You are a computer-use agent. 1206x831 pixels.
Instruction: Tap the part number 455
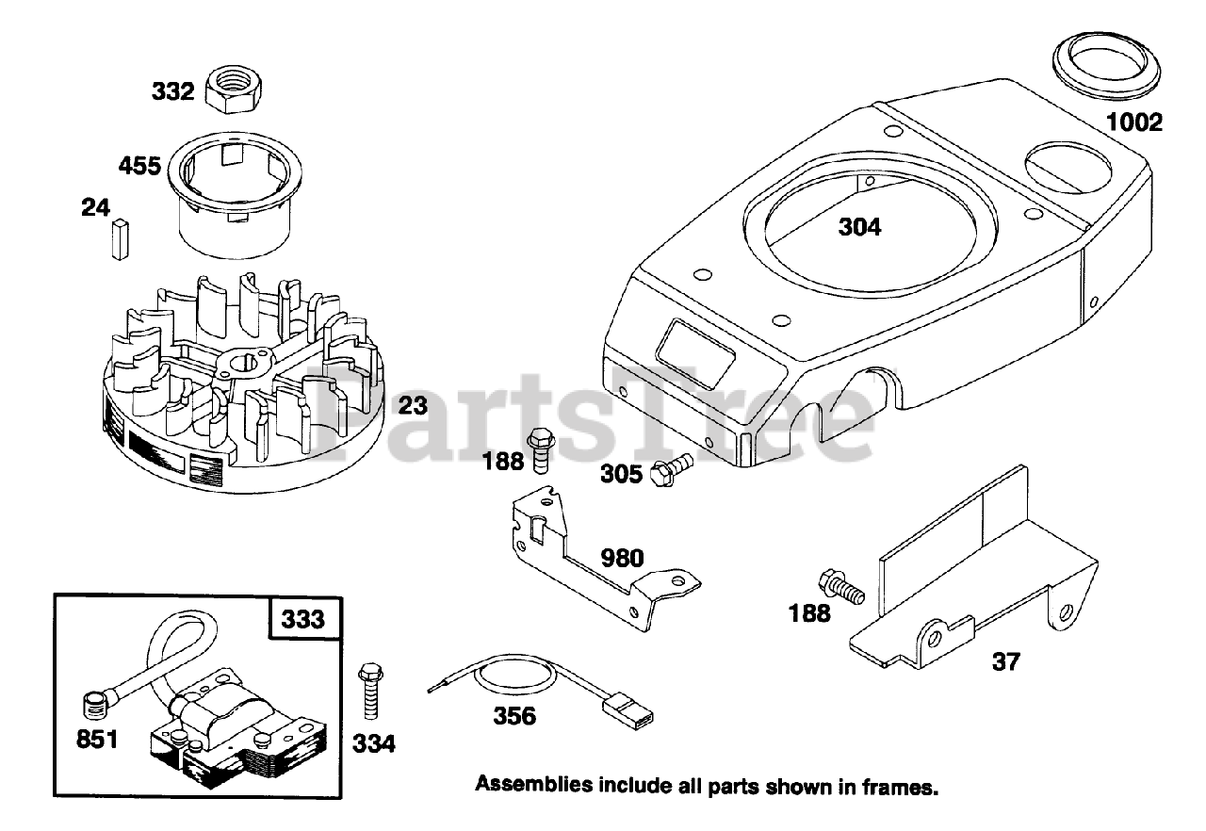pos(139,167)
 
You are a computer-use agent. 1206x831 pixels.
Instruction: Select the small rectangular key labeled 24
pos(118,239)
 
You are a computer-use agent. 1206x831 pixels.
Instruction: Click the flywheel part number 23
pos(413,406)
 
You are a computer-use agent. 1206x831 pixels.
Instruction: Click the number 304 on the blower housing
pos(859,227)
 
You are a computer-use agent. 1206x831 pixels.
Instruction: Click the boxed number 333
pos(304,619)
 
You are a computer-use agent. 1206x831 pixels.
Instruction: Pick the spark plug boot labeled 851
pos(93,702)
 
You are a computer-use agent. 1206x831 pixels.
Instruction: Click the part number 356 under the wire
pos(514,716)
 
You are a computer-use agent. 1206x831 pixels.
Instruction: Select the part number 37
pos(1005,662)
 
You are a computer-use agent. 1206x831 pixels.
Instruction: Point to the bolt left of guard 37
pos(840,586)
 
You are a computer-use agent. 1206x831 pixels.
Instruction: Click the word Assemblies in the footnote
pos(528,784)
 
